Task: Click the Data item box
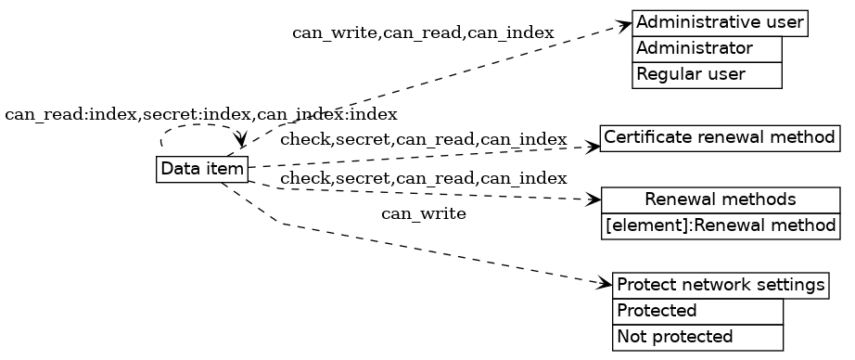(202, 170)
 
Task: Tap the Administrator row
(707, 48)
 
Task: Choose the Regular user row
(707, 74)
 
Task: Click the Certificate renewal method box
(720, 138)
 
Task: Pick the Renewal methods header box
(720, 199)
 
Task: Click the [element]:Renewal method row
(720, 225)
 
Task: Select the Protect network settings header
(720, 285)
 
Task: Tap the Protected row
(697, 311)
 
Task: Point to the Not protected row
(697, 337)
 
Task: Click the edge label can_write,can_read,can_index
(423, 33)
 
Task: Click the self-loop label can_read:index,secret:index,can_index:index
(201, 115)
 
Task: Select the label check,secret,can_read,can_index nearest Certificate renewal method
(423, 140)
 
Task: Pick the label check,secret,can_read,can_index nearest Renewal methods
(423, 178)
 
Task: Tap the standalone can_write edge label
(423, 214)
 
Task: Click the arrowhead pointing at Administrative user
(625, 25)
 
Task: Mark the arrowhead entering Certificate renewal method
(593, 146)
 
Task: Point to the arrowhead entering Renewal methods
(594, 199)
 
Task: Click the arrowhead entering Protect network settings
(606, 283)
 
